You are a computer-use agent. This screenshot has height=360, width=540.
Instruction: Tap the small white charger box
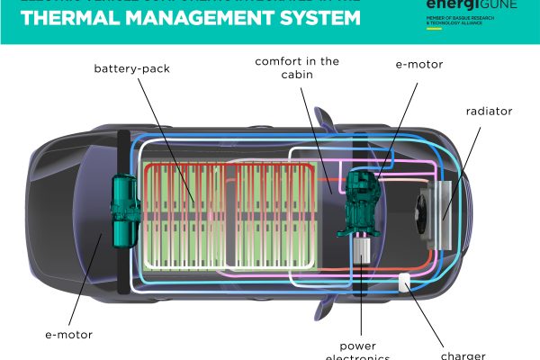pyautogui.click(x=405, y=282)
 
